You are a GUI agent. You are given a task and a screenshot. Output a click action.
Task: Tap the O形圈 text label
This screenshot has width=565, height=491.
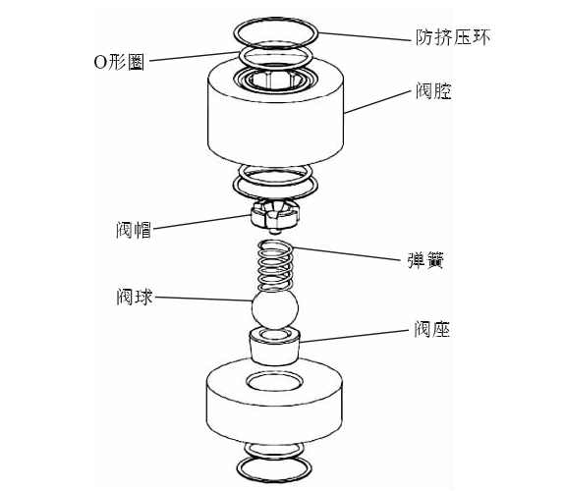click(118, 60)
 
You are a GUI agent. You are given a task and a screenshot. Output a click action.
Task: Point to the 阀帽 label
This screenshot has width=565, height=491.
click(132, 230)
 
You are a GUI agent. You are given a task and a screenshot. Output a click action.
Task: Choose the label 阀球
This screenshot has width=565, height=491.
click(132, 296)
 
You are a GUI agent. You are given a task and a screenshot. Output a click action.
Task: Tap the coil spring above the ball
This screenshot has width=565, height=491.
click(274, 264)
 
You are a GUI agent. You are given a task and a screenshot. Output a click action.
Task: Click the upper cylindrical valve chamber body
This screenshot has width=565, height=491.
click(275, 123)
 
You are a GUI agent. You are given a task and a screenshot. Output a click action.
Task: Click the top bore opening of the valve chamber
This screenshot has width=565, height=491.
click(275, 78)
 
